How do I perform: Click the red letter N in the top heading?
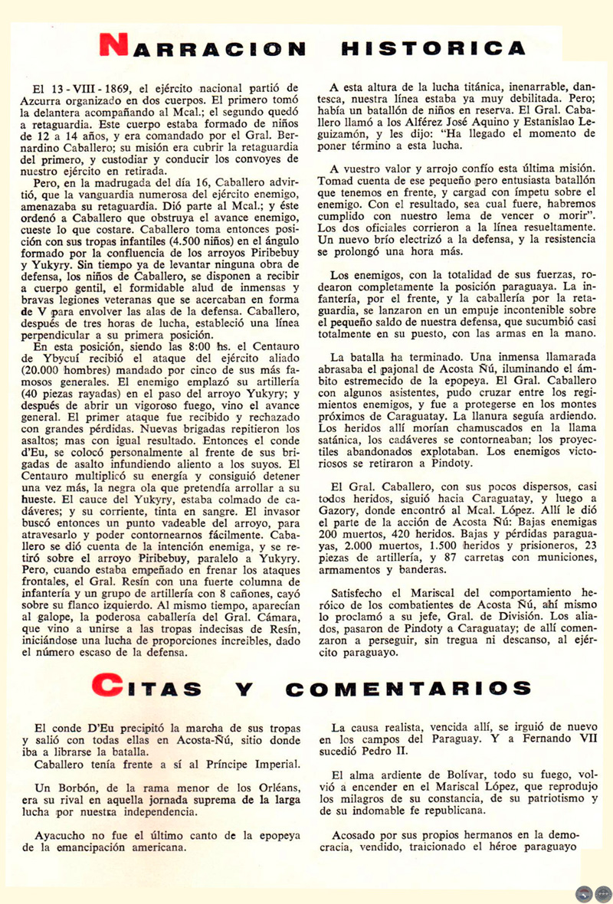pos(116,47)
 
